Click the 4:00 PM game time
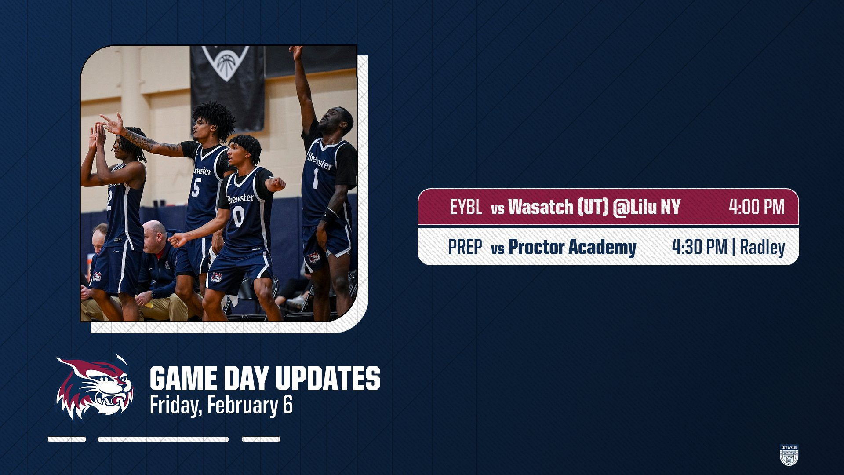click(757, 207)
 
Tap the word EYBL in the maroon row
click(466, 207)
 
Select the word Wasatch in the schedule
click(541, 207)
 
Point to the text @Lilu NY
click(647, 207)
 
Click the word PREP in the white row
click(465, 247)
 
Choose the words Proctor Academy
click(572, 247)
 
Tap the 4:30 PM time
click(699, 247)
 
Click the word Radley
click(762, 247)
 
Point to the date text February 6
click(250, 405)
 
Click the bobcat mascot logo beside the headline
click(95, 387)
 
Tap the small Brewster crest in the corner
click(789, 455)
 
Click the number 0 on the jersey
click(239, 216)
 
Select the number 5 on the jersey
click(196, 187)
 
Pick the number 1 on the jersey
click(315, 179)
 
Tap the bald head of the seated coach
click(154, 231)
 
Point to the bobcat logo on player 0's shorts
click(216, 277)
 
